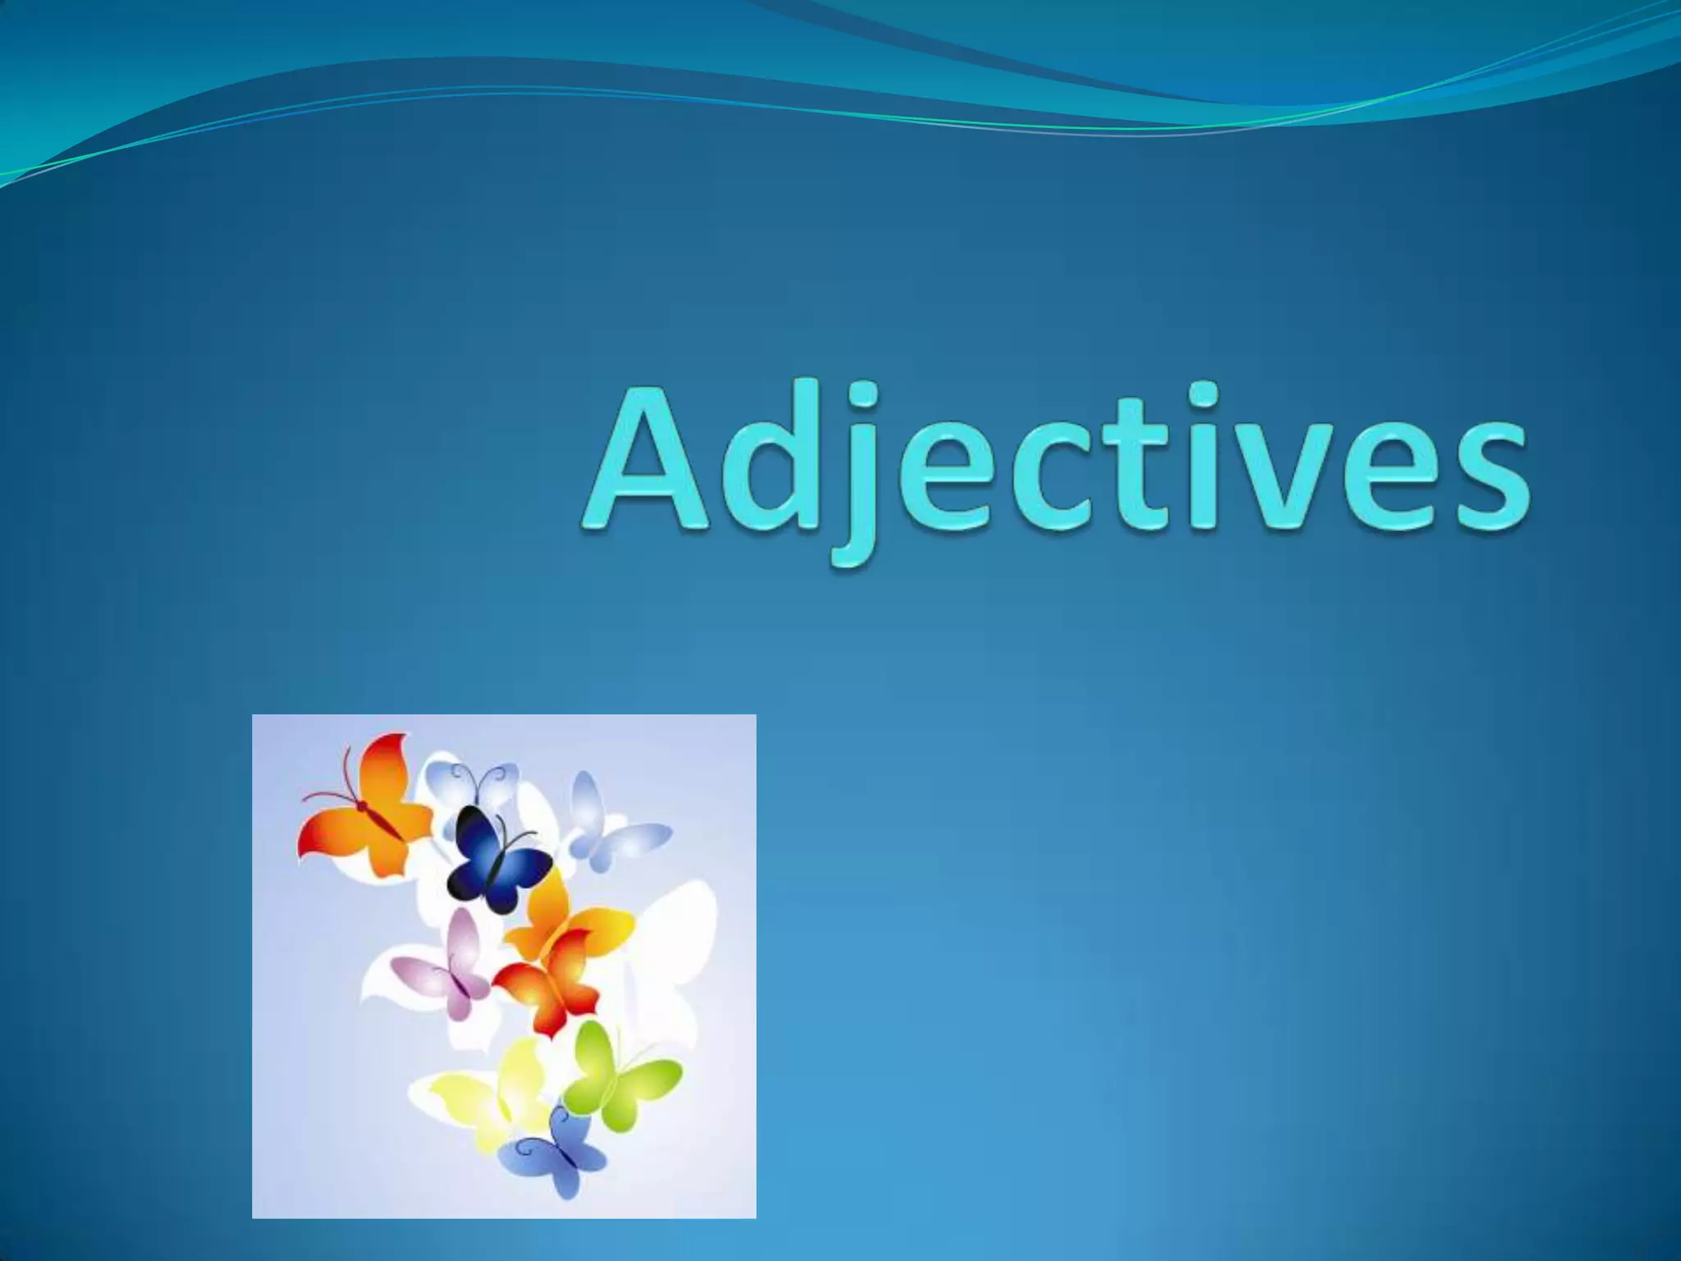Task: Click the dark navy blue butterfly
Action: coord(497,858)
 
